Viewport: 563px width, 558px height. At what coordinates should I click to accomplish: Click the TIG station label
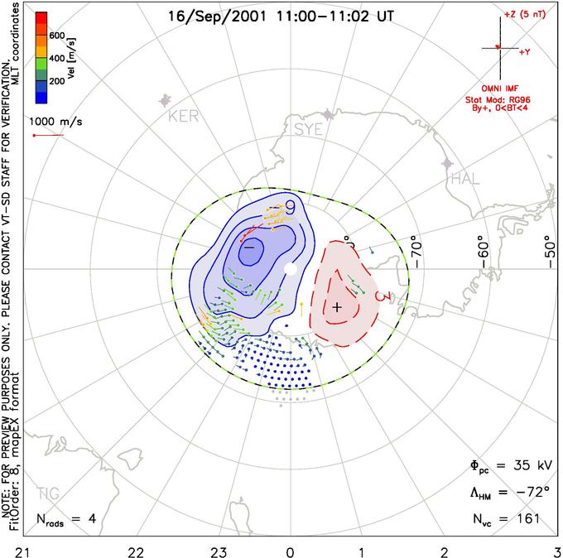pyautogui.click(x=49, y=494)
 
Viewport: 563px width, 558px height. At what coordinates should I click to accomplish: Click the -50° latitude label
pyautogui.click(x=547, y=248)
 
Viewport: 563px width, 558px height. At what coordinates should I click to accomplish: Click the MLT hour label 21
pyautogui.click(x=14, y=550)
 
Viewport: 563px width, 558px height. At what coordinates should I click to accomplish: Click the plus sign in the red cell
pyautogui.click(x=336, y=307)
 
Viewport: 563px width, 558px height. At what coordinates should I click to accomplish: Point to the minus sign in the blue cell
pyautogui.click(x=248, y=247)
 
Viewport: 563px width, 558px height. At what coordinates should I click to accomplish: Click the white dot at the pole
pyautogui.click(x=289, y=269)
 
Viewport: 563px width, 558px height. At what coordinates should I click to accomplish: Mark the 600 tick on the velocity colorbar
pyautogui.click(x=56, y=36)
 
